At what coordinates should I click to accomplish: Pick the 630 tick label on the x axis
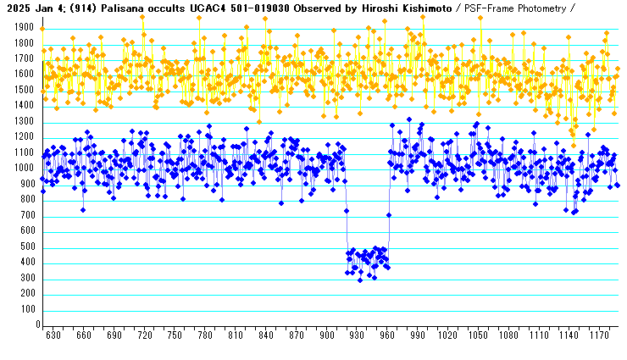coord(53,336)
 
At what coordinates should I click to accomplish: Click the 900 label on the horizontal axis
coord(327,336)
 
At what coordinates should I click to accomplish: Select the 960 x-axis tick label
coord(388,336)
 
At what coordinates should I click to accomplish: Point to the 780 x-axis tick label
coord(205,336)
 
